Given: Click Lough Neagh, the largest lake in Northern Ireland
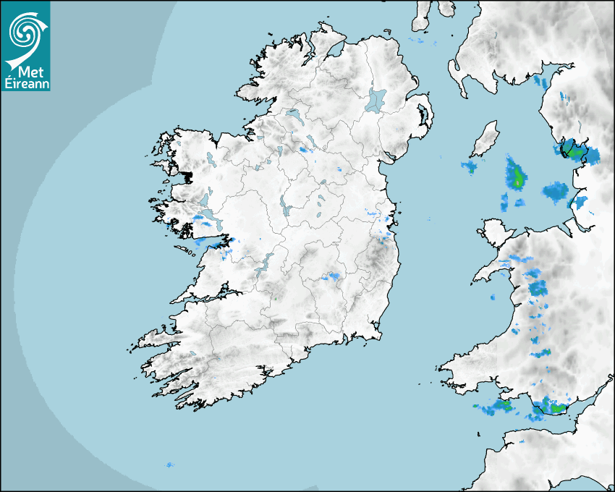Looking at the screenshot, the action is (376, 99).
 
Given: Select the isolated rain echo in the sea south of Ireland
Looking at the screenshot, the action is (170, 465).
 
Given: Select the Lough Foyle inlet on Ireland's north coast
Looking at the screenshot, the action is (334, 51).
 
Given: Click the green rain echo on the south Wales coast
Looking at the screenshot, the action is (556, 408).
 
